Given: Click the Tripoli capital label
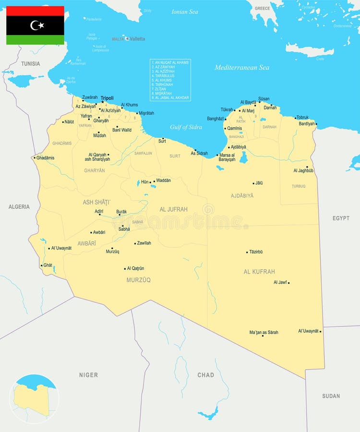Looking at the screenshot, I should click(107, 98).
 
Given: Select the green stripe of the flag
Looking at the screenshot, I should click(35, 40).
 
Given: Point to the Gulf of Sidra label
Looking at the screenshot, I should click(186, 127).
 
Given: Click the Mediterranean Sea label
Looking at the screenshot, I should click(242, 68).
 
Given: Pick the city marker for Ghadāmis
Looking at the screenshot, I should click(35, 158).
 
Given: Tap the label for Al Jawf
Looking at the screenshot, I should click(280, 282).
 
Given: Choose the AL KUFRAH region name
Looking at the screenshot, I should click(259, 272).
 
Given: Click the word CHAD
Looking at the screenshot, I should click(205, 375).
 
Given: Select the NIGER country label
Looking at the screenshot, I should click(88, 375).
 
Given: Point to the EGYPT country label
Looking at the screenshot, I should click(341, 218).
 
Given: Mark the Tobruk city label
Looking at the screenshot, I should click(302, 117).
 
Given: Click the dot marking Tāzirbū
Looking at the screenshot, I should click(247, 252).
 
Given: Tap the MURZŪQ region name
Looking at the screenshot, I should click(138, 280).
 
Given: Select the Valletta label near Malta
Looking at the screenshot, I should click(137, 39).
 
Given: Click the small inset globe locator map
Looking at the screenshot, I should click(34, 399).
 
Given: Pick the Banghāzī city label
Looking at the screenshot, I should click(216, 118).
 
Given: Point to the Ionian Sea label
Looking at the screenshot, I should click(185, 12).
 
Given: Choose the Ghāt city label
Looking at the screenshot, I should click(48, 265).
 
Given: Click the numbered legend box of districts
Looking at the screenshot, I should click(170, 80).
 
